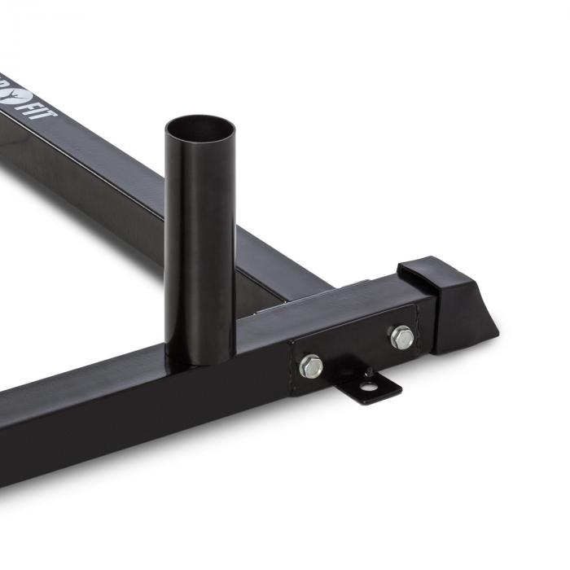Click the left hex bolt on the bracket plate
coord(310,366)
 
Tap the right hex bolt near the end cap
coord(401,336)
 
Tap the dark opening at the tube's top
coord(199,130)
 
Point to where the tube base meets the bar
coord(199,358)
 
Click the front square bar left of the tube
coord(81,415)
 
